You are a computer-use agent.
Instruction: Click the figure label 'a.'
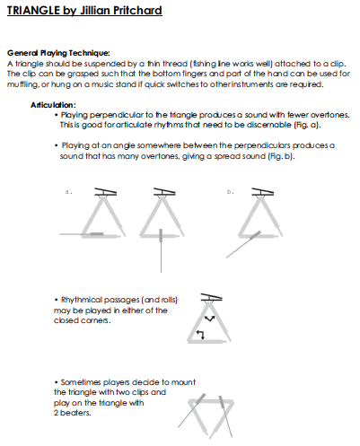coord(67,191)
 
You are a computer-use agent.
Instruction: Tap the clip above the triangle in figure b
coord(262,192)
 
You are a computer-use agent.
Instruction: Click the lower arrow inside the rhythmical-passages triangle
coord(201,335)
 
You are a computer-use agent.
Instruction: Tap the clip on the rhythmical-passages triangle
coord(210,296)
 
